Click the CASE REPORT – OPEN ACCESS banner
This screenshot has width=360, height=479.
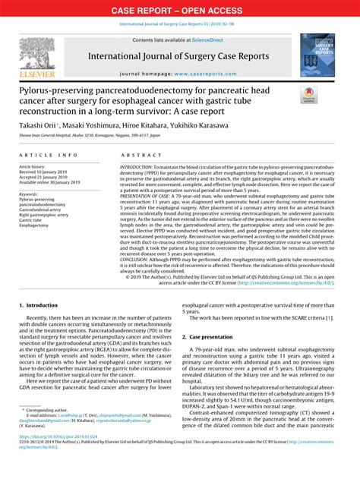pos(179,11)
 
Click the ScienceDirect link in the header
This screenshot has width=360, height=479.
pos(213,40)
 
